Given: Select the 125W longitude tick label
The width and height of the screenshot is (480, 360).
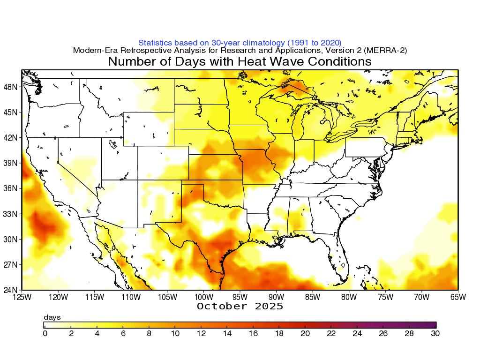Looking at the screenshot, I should click(22, 297).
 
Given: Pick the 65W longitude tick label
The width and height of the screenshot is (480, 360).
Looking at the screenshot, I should click(458, 297).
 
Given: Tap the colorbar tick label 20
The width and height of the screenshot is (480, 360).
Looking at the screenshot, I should click(305, 333).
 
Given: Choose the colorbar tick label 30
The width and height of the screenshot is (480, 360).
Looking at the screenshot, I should click(435, 333).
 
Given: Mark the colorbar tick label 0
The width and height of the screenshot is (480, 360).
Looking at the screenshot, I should click(45, 333).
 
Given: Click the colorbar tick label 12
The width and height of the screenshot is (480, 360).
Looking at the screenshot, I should click(201, 333).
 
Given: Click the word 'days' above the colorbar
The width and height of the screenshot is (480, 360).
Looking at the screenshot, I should click(52, 317).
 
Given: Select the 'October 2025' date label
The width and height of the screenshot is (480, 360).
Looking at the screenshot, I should click(240, 306).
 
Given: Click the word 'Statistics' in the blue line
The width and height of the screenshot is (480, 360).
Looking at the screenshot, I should click(157, 43).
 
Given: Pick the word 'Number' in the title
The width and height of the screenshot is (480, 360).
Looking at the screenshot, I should click(131, 61).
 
